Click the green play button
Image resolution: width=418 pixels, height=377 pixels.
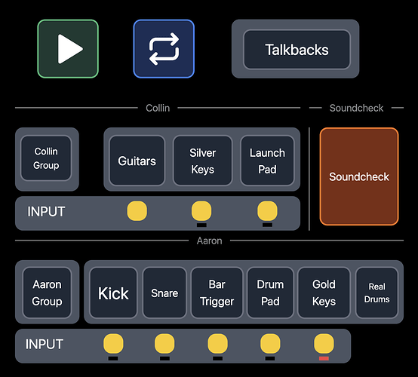coord(68,49)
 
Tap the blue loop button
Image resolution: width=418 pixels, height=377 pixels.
coord(164,49)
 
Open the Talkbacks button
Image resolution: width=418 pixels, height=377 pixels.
coord(297,50)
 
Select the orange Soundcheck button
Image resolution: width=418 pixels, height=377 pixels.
coord(359,176)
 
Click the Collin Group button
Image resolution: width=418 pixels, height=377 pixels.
coord(46,158)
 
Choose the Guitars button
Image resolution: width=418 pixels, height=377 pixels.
coord(137,161)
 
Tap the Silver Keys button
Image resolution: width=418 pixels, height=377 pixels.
coord(203,161)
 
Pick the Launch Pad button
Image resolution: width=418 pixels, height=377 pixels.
coord(267,161)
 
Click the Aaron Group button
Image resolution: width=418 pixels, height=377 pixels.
coord(48,293)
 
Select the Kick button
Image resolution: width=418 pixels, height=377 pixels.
coord(113,293)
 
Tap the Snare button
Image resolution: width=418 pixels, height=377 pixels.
coord(164,293)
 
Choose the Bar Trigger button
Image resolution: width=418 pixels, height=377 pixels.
coord(217,293)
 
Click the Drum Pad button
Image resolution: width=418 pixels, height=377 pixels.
coord(270,293)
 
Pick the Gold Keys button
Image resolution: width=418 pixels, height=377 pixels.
coord(324,293)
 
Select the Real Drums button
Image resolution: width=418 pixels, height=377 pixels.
coord(377,293)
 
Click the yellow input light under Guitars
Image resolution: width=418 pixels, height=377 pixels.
coord(137,211)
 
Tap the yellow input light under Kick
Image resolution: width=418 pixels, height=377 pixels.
coord(113,344)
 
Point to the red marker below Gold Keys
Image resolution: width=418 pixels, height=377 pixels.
coord(324,359)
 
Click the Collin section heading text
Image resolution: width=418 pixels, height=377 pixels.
coord(158,108)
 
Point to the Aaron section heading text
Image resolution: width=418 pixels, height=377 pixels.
coord(209,241)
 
